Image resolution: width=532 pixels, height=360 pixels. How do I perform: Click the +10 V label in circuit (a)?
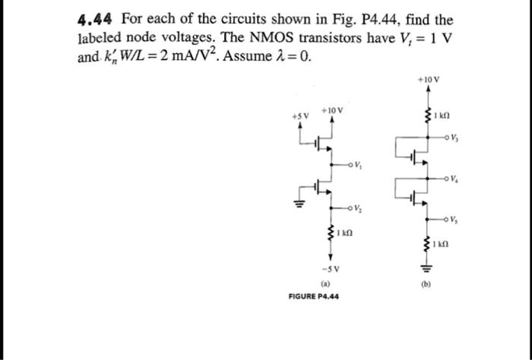click(x=332, y=110)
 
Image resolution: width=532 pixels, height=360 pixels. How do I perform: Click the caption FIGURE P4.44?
click(x=314, y=295)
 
